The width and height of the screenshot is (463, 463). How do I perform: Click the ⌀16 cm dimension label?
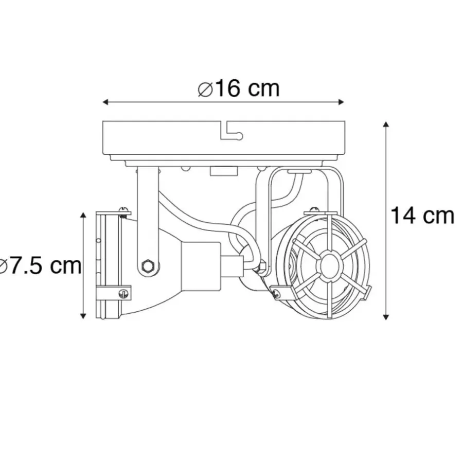pyautogui.click(x=239, y=88)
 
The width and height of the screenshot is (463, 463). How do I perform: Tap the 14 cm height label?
pyautogui.click(x=422, y=216)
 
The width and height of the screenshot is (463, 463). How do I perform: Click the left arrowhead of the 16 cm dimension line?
pyautogui.click(x=106, y=102)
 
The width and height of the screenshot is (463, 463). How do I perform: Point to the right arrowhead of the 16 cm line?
pyautogui.click(x=341, y=102)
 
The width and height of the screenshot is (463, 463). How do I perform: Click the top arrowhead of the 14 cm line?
pyautogui.click(x=386, y=124)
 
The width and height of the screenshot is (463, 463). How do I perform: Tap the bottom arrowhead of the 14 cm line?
pyautogui.click(x=386, y=316)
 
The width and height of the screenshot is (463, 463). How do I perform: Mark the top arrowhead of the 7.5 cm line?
pyautogui.click(x=83, y=216)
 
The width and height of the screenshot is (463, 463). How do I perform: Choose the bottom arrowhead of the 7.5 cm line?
pyautogui.click(x=83, y=315)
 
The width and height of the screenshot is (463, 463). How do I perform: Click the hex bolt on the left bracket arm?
pyautogui.click(x=147, y=266)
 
